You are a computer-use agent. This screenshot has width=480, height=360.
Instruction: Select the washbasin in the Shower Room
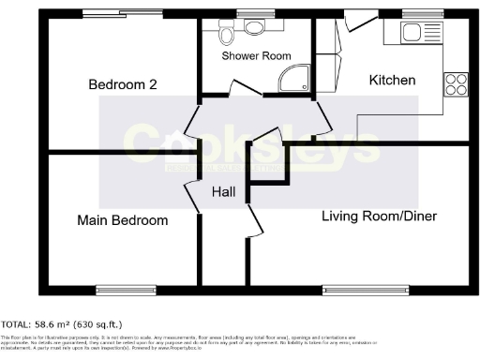(252, 26)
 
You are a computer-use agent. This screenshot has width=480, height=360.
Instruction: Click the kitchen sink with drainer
(413, 36)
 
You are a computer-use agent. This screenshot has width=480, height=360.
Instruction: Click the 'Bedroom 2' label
(122, 85)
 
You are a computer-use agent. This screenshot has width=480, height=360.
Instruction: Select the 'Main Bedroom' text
(123, 220)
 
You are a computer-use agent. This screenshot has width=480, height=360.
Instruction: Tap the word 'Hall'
(223, 192)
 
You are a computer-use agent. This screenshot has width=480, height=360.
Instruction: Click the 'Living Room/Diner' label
(379, 217)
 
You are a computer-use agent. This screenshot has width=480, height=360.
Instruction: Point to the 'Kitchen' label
(392, 81)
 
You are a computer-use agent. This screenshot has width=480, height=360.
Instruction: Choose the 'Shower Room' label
(252, 56)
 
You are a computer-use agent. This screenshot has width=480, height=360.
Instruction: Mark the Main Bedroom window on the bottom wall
(124, 288)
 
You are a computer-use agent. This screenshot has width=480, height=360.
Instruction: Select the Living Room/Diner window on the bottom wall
(365, 288)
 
